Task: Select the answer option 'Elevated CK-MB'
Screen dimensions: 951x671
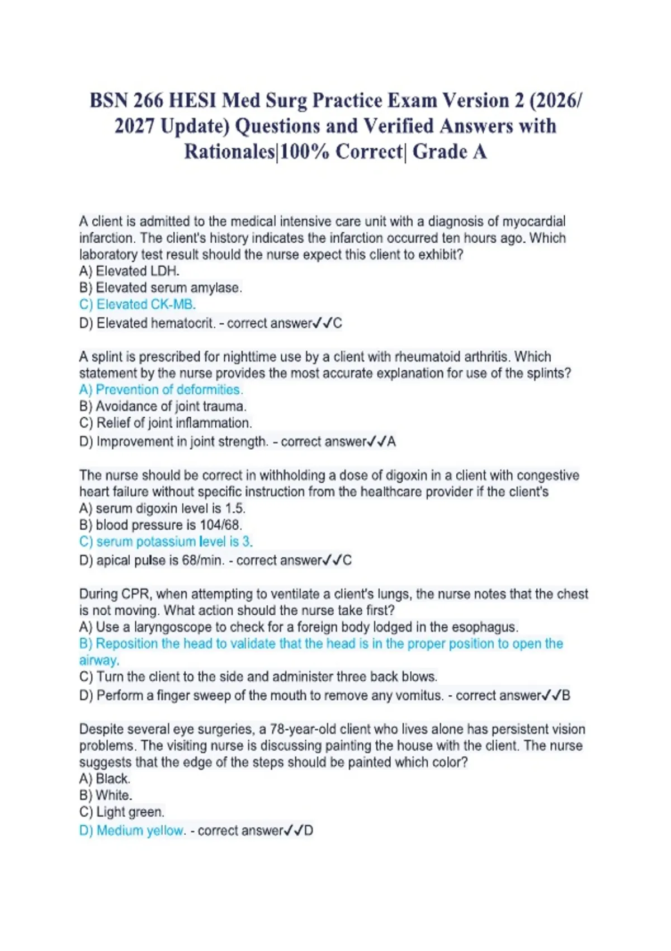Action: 138,304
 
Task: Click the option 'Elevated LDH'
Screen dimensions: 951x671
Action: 130,271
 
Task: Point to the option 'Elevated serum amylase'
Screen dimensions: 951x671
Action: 161,288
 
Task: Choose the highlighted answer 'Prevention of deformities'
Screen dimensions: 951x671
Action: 161,389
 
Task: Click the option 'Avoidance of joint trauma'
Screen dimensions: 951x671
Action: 163,406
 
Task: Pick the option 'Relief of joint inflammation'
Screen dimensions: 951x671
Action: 166,423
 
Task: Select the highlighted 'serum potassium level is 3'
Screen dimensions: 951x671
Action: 166,542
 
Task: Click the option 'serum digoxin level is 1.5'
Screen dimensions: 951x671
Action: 163,509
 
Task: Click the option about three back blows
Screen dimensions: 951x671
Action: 258,677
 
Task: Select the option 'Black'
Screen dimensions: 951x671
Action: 105,779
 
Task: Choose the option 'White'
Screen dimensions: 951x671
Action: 106,795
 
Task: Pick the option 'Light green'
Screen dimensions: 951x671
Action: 122,812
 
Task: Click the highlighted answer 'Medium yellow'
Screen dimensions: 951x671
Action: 132,831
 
